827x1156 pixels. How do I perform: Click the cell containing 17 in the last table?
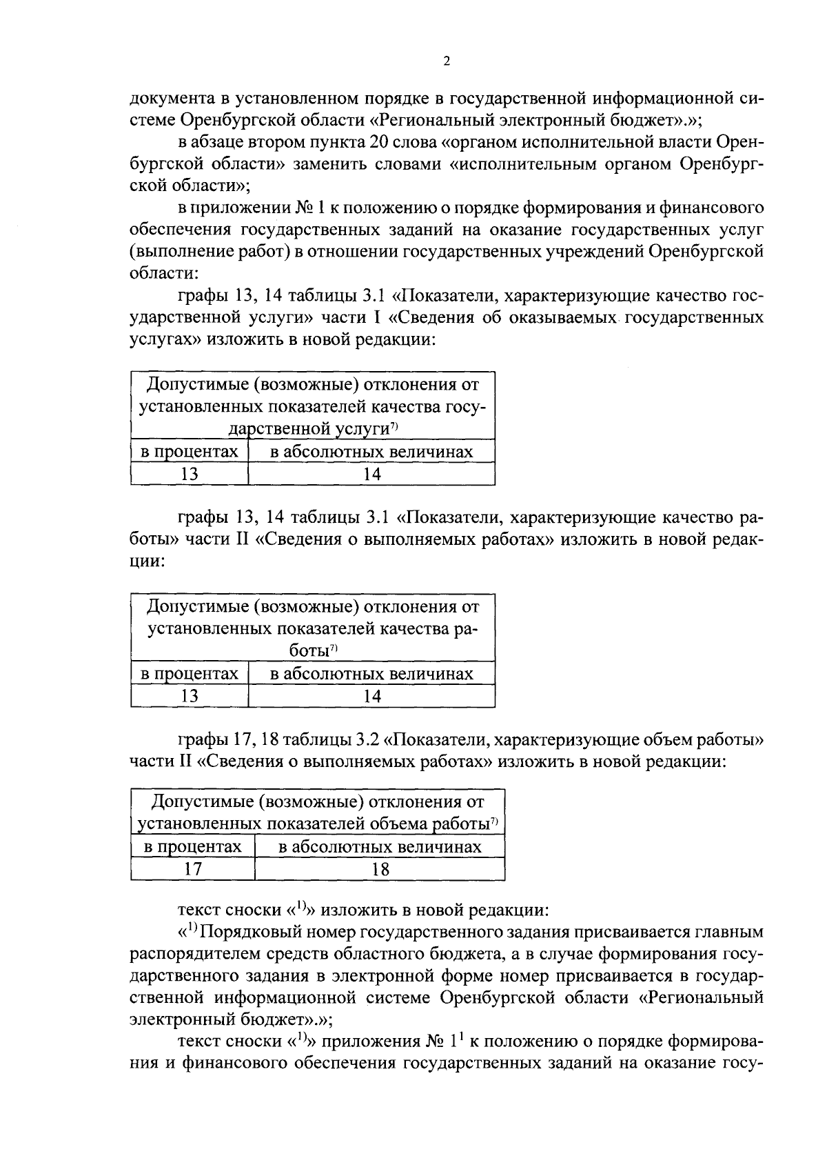[193, 869]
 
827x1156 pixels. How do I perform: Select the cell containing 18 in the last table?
[380, 869]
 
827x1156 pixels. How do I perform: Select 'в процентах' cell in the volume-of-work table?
[193, 846]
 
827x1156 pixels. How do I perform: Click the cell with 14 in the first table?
[371, 474]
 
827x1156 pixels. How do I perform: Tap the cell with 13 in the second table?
[190, 696]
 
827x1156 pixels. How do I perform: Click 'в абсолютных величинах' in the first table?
[371, 452]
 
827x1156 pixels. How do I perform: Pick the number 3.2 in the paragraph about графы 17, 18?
[366, 740]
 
